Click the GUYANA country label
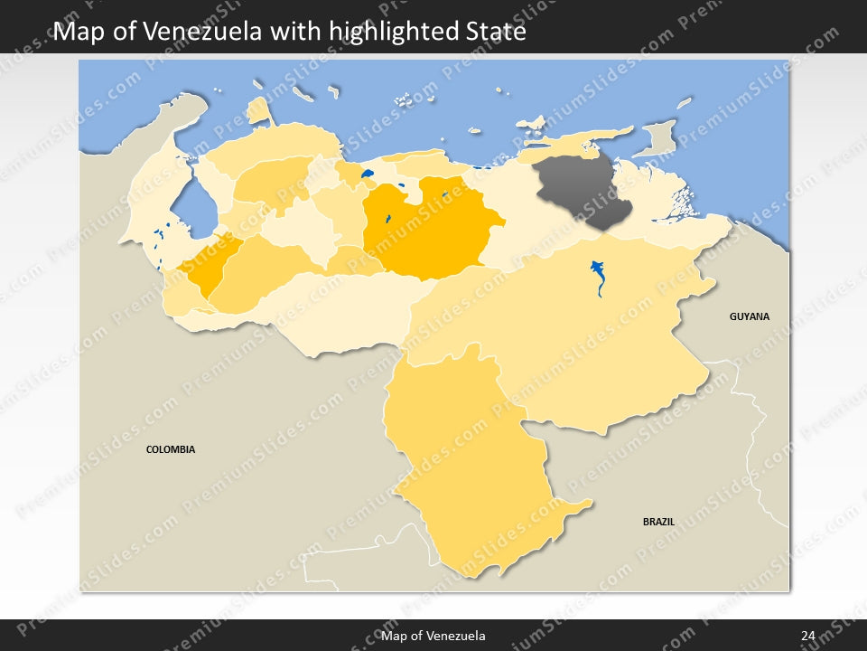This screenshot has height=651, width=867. (x=750, y=316)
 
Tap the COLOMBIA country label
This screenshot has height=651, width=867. (x=171, y=449)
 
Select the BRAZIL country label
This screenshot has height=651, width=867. (x=658, y=522)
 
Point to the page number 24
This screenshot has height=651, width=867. (x=808, y=636)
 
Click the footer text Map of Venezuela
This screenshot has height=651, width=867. (x=433, y=636)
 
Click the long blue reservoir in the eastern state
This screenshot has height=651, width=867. (x=598, y=277)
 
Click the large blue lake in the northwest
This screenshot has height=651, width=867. (x=191, y=208)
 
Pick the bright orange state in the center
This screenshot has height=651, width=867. (x=424, y=231)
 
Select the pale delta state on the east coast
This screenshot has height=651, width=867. (x=668, y=194)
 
